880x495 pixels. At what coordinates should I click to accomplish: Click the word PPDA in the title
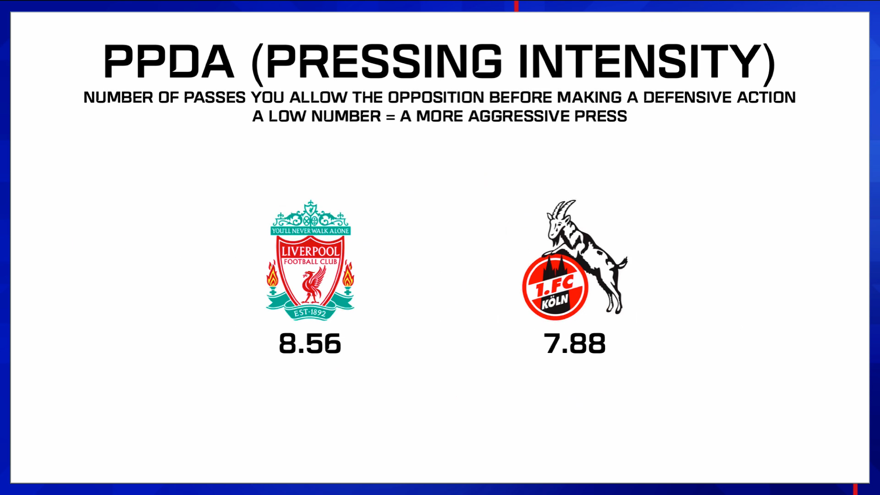click(x=169, y=62)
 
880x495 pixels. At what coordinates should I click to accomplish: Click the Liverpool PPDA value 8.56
click(x=310, y=344)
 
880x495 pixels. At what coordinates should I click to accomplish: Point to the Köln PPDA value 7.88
click(x=575, y=344)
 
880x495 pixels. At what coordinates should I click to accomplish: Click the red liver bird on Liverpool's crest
click(x=313, y=286)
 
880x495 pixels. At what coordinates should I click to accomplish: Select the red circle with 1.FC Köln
click(x=555, y=287)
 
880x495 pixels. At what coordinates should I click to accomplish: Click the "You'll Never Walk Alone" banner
click(x=310, y=231)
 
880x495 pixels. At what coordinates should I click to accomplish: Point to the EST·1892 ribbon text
click(x=310, y=313)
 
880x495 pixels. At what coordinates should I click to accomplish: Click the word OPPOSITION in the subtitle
click(x=436, y=98)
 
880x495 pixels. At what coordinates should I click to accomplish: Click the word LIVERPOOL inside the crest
click(x=310, y=251)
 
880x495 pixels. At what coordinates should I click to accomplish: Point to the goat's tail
click(x=622, y=262)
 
